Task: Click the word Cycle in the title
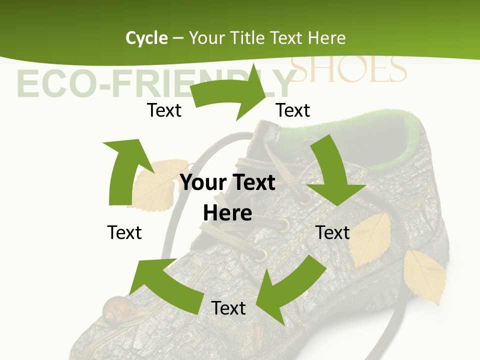pos(146,38)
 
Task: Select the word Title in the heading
pos(249,38)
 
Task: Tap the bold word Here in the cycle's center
pos(227,213)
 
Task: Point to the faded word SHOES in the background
pos(348,69)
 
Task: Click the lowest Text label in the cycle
pos(228,308)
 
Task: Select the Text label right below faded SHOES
pos(293,110)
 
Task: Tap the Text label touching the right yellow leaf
pos(332,232)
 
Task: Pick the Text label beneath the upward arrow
pos(124,232)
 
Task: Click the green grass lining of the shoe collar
pos(400,150)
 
